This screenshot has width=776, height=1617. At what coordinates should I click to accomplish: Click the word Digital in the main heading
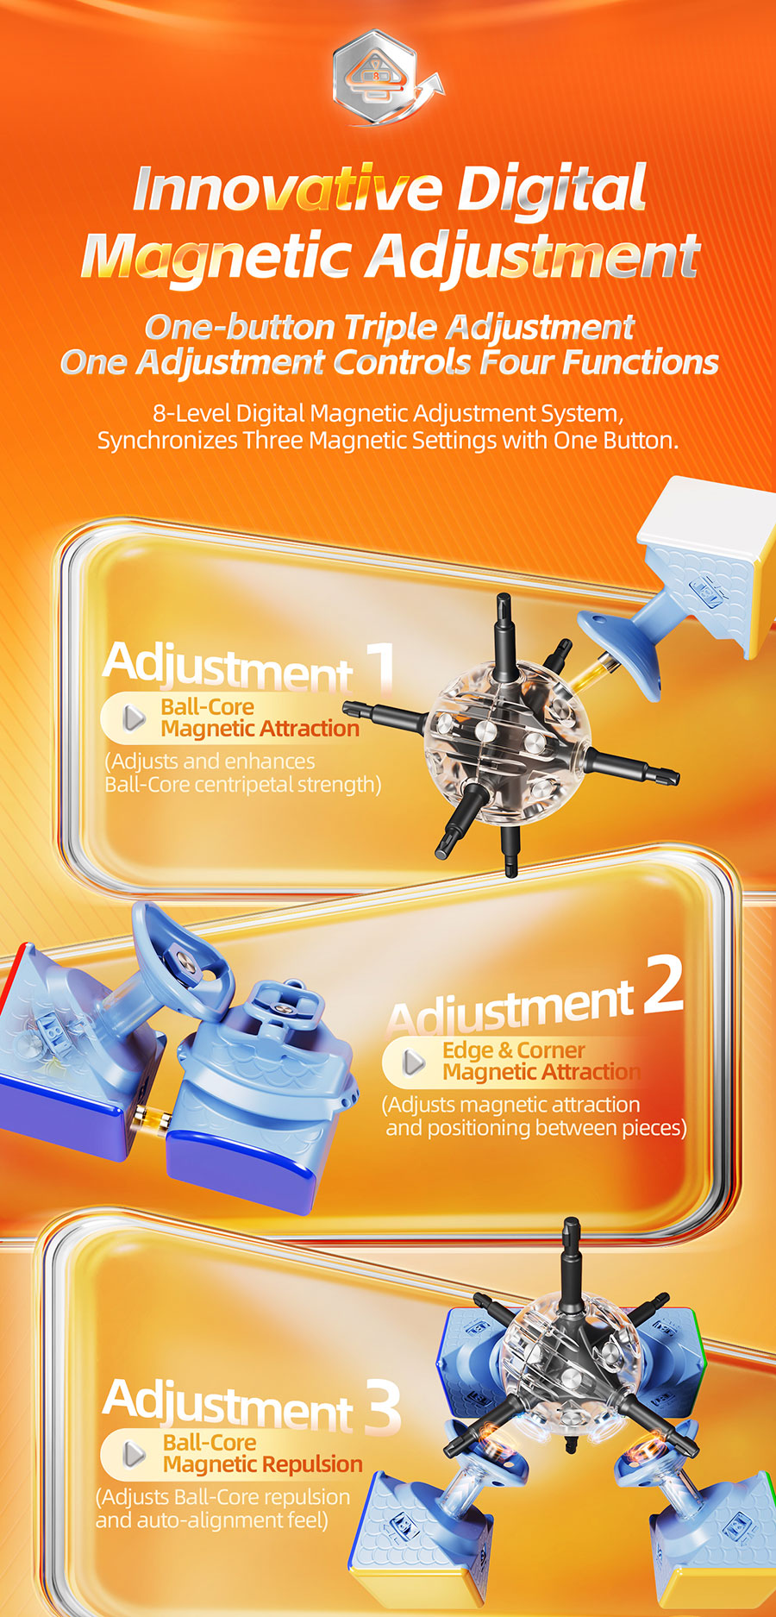pyautogui.click(x=551, y=189)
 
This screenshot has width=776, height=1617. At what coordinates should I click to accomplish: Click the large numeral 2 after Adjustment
pyautogui.click(x=663, y=985)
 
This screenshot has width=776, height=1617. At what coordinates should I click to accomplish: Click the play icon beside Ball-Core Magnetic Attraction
pyautogui.click(x=135, y=718)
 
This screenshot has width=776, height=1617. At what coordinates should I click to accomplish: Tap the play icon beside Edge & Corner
pyautogui.click(x=415, y=1062)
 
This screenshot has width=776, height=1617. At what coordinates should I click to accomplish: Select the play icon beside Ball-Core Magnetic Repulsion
pyautogui.click(x=135, y=1454)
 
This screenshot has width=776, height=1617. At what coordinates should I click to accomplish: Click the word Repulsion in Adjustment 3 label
pyautogui.click(x=312, y=1464)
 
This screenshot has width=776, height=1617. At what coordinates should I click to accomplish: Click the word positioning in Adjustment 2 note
pyautogui.click(x=474, y=1129)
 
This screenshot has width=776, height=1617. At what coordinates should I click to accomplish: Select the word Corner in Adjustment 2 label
pyautogui.click(x=551, y=1050)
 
